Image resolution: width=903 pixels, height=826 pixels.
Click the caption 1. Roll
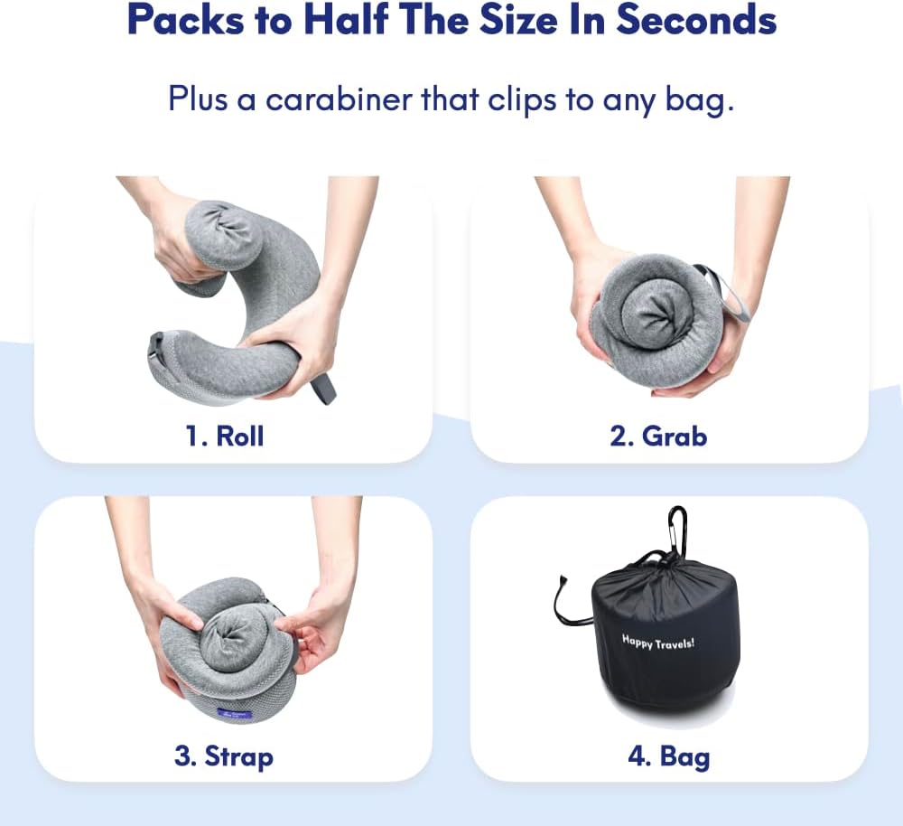tap(225, 436)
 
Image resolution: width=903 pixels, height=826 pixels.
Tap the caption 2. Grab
tap(658, 436)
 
